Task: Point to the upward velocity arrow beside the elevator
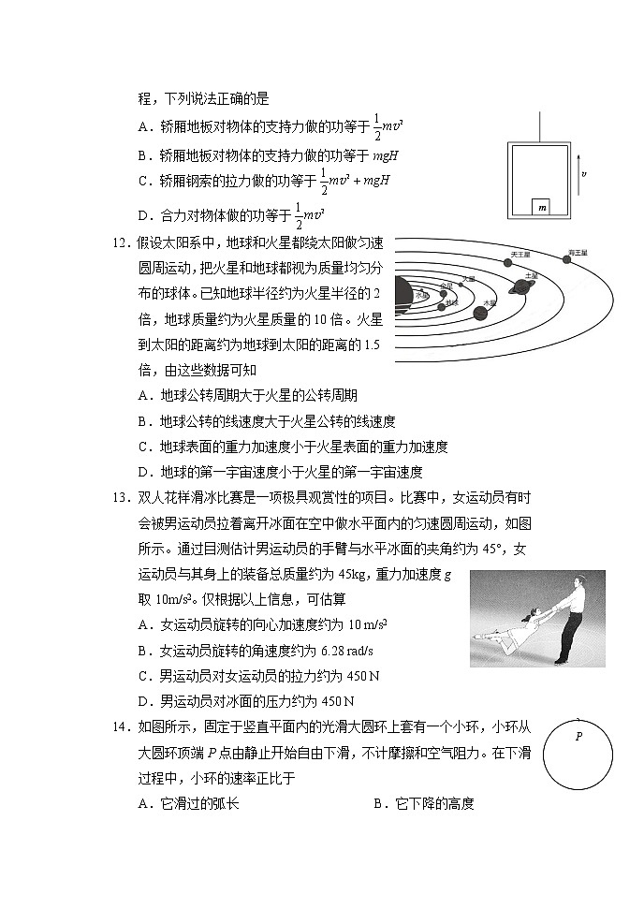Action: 578,173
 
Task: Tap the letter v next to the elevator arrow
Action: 585,174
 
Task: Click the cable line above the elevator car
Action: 540,126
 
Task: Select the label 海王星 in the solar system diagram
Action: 575,254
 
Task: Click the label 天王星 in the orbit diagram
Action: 520,254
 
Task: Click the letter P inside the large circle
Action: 578,737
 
